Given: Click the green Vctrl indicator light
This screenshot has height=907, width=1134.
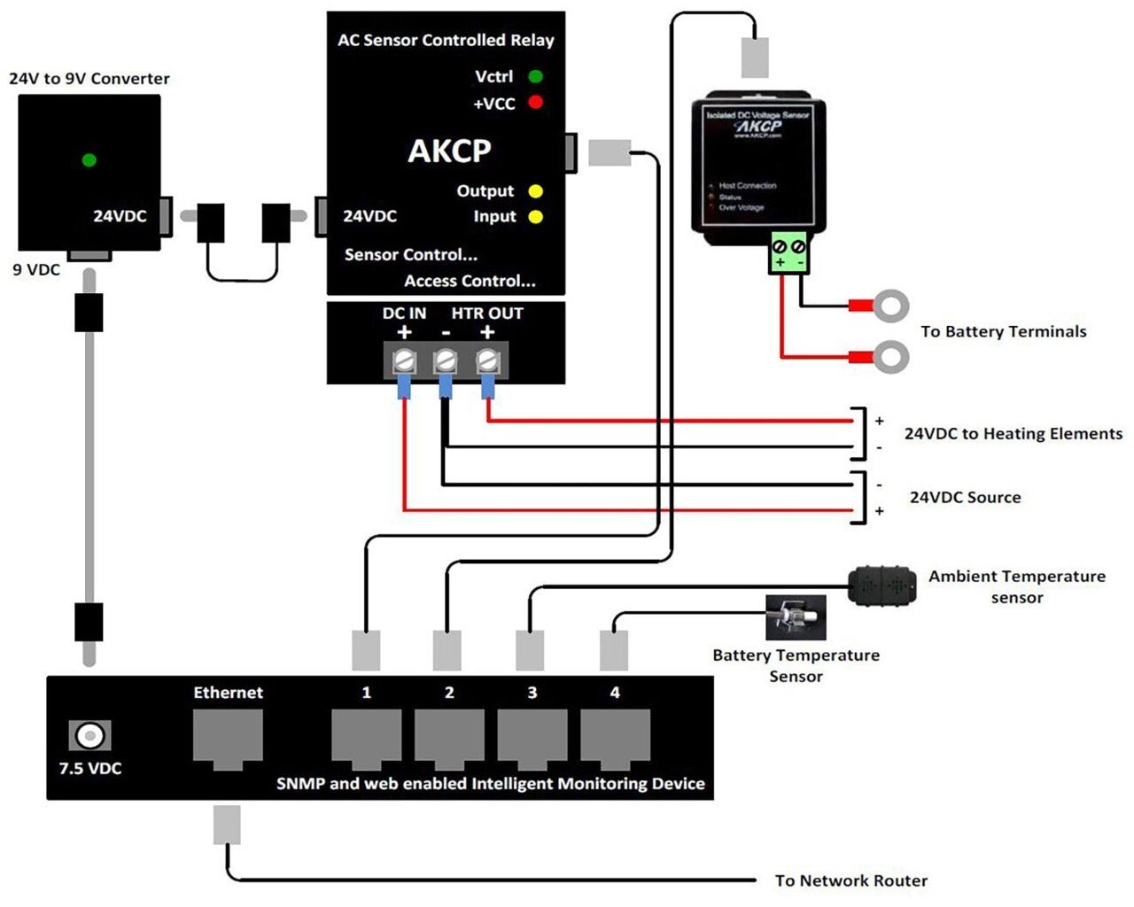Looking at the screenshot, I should [x=535, y=76].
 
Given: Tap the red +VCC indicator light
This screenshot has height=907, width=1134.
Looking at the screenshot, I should [x=535, y=103].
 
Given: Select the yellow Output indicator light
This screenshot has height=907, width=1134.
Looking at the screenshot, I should [x=535, y=191].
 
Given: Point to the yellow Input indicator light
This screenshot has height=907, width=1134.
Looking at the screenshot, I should [x=535, y=217].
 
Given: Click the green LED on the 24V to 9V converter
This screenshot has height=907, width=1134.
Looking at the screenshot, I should [x=89, y=160].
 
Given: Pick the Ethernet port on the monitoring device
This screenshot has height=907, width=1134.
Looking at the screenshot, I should [x=228, y=738].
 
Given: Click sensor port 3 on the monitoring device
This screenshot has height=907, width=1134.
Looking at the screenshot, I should [x=532, y=738].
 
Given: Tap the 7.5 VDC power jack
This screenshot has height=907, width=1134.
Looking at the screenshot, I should [x=89, y=735].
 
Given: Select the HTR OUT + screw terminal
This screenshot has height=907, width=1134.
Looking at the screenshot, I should [x=487, y=361].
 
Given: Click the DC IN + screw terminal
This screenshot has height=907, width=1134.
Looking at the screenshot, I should [x=405, y=361].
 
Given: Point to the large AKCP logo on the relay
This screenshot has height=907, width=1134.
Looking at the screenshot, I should [x=449, y=151].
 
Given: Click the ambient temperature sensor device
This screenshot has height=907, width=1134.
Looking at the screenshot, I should [x=882, y=585].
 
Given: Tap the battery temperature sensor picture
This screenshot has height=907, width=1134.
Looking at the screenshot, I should [x=796, y=617].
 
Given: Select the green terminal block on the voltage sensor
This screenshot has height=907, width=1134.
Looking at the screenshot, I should [x=788, y=253].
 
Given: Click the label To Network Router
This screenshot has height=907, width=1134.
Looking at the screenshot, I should [x=850, y=880].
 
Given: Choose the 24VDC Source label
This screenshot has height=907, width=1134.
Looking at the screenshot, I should [x=965, y=498].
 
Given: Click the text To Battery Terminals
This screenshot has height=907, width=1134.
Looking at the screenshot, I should [x=1003, y=332].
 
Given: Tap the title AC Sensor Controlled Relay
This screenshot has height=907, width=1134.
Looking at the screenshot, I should [x=446, y=40].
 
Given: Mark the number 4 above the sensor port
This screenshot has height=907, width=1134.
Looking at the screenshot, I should [x=615, y=693].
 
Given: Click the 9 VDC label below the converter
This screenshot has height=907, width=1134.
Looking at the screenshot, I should [x=36, y=269].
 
